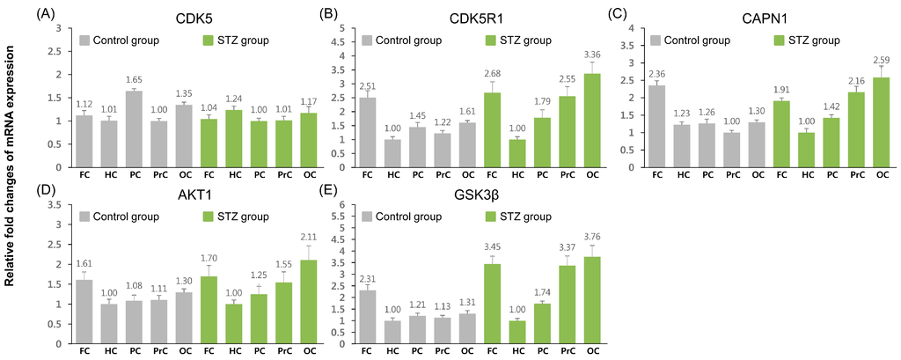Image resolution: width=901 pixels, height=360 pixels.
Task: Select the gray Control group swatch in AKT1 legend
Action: [x=85, y=217]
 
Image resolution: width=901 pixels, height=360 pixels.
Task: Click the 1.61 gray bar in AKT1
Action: [x=84, y=312]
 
